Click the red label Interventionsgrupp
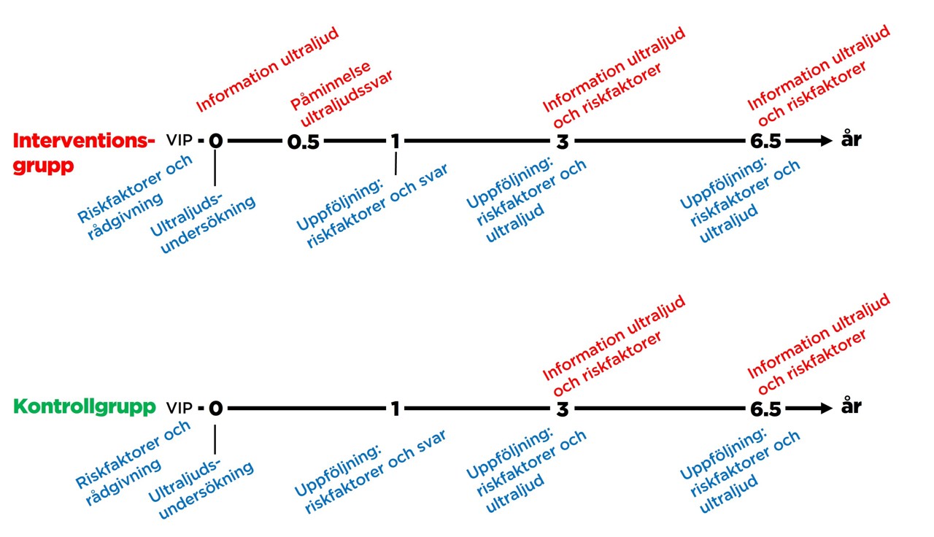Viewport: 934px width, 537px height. tap(84, 153)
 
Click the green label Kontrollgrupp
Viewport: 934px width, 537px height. tap(85, 407)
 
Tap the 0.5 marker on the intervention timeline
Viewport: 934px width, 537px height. tap(303, 142)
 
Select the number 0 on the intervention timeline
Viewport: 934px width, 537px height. tap(215, 141)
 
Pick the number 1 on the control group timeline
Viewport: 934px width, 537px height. tap(395, 409)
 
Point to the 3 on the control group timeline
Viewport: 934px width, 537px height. tap(563, 409)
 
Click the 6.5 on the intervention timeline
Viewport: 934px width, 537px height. tap(765, 142)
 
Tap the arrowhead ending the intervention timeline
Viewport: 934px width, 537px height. tap(826, 141)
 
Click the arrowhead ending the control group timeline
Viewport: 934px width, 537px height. tap(826, 408)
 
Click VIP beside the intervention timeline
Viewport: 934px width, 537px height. tap(180, 140)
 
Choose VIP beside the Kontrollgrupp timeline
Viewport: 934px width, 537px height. tap(180, 408)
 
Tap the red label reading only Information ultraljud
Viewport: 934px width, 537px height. tap(268, 69)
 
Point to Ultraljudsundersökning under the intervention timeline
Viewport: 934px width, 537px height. tap(203, 223)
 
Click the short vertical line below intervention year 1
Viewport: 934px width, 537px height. tap(395, 163)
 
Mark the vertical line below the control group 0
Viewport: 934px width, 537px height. tap(215, 439)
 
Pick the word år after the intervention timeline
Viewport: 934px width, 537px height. tap(851, 138)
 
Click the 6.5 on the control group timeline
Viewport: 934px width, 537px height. tap(765, 409)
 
